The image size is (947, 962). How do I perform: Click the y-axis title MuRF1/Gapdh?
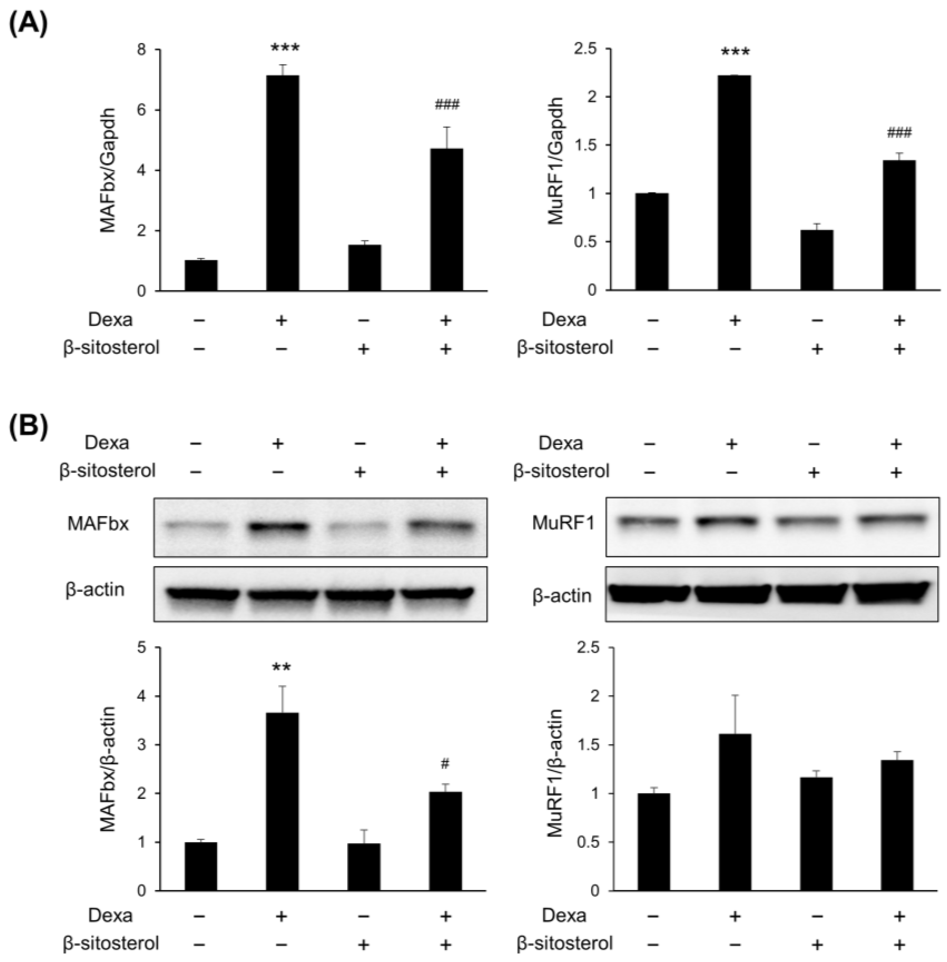click(556, 161)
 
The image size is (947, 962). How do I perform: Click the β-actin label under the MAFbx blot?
click(95, 589)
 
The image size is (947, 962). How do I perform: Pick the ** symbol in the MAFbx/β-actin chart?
click(281, 668)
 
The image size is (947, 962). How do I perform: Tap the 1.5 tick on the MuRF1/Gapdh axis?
click(587, 145)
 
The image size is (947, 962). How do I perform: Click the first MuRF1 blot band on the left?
click(649, 522)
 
